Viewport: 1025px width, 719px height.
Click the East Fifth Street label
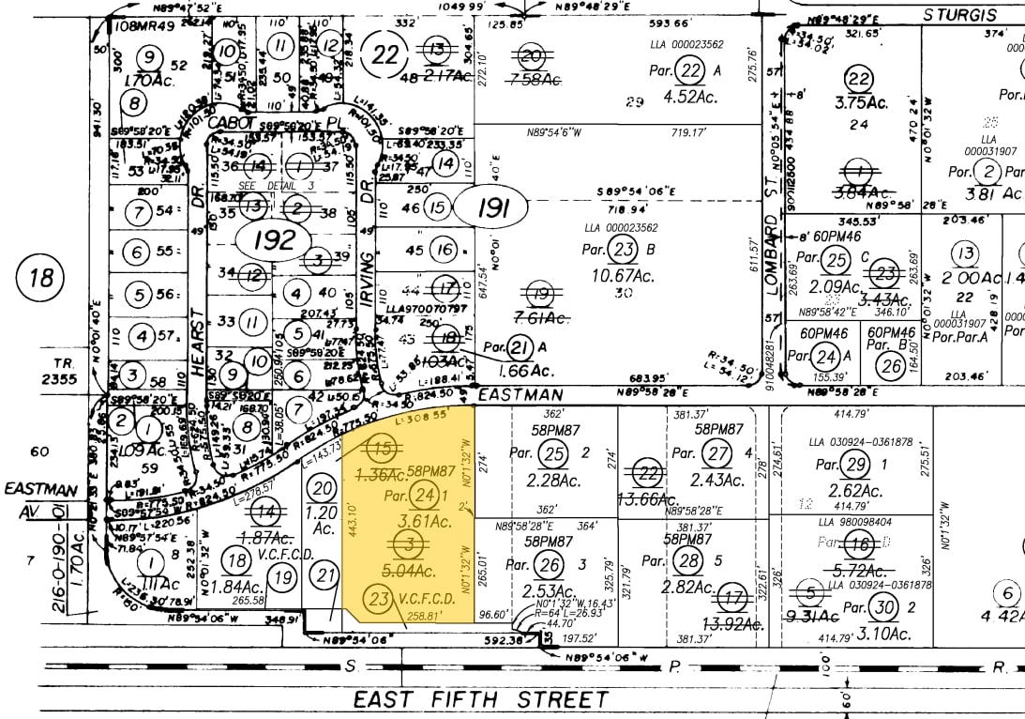click(x=481, y=699)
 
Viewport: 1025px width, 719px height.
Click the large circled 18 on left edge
click(x=43, y=278)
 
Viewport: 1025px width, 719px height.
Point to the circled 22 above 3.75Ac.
click(x=857, y=80)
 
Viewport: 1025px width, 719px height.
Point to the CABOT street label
click(x=231, y=123)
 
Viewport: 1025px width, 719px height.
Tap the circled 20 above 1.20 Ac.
click(x=323, y=487)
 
